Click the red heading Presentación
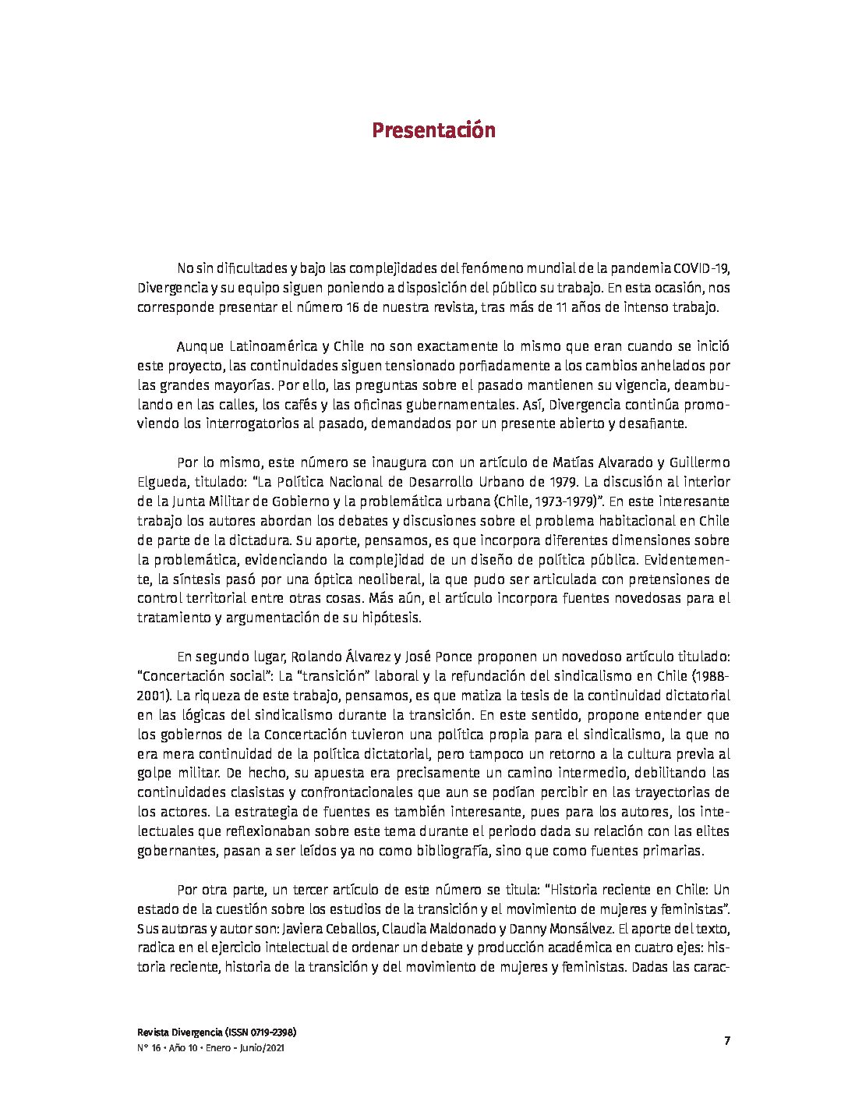(433, 130)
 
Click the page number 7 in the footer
(726, 1040)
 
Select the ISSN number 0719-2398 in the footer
(265, 1032)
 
